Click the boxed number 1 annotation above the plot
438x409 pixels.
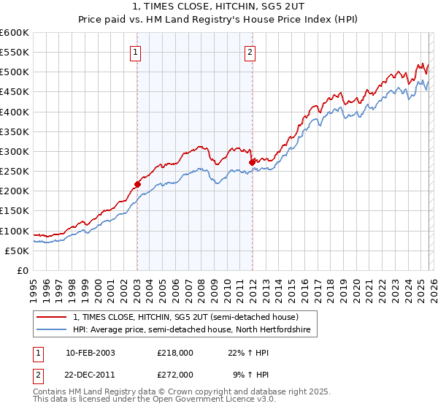137,52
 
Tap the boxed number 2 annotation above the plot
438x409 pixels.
250,52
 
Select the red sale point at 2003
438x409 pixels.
137,184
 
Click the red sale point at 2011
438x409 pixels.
252,162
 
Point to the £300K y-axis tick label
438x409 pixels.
15,152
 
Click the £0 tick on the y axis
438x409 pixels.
23,271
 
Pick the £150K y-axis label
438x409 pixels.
15,211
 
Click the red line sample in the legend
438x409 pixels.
53,318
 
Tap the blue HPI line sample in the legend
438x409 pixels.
53,330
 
